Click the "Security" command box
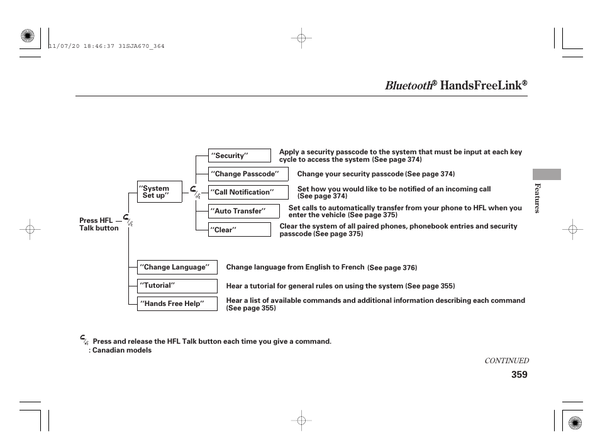coord(239,156)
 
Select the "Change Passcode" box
coord(248,174)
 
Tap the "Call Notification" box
coord(248,192)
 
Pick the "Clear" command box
coord(239,230)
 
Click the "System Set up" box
coord(159,192)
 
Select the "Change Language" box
coord(177,267)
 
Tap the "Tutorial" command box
coord(177,285)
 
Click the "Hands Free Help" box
coord(177,303)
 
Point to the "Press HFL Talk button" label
coord(98,224)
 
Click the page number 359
coord(519,375)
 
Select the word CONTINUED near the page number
coord(506,361)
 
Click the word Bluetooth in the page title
coord(408,86)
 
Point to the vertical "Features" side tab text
coord(537,198)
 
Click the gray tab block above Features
coord(547,174)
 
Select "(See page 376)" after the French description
coord(392,268)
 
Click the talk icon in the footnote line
coord(85,340)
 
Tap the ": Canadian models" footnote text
coord(120,350)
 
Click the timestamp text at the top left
coord(106,46)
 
